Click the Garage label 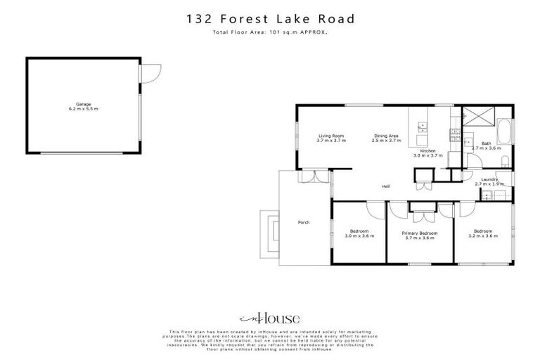click(x=84, y=104)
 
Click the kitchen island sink click(x=423, y=127)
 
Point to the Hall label click(x=385, y=186)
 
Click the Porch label click(x=304, y=223)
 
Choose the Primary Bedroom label click(x=419, y=233)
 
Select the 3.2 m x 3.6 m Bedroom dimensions click(x=482, y=236)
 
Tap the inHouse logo click(x=269, y=317)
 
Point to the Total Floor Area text click(x=270, y=32)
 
